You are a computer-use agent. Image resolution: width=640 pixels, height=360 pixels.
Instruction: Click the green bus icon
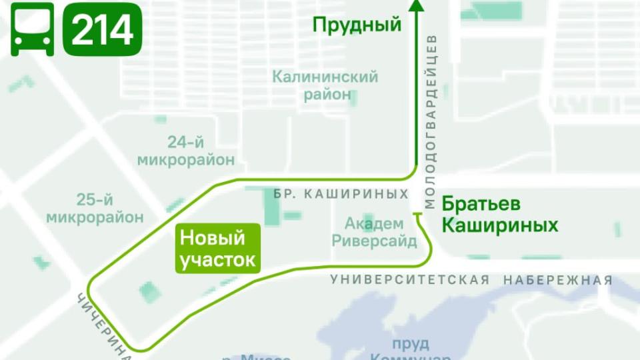click(32, 29)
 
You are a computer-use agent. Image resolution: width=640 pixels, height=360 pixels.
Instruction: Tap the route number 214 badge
click(102, 29)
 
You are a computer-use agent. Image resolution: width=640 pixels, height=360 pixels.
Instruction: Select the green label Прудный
click(357, 25)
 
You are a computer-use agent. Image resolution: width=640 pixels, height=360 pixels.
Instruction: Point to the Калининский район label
click(325, 85)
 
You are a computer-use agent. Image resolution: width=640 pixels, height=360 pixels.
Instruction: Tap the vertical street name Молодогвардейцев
click(430, 120)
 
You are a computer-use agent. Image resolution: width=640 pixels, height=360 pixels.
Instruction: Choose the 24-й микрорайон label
click(186, 151)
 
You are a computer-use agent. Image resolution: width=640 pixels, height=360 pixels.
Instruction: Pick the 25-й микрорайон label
click(95, 208)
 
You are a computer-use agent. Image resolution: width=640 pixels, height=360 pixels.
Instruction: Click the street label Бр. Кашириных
click(341, 193)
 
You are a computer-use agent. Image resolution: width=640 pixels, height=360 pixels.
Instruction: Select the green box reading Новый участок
click(217, 248)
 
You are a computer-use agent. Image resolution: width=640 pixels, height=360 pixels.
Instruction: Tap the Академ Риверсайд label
click(374, 232)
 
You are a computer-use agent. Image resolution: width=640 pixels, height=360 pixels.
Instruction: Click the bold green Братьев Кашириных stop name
click(499, 214)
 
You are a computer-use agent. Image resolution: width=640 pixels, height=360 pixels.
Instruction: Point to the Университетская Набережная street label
click(471, 280)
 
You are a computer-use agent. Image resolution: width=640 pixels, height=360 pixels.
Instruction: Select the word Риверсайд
click(374, 241)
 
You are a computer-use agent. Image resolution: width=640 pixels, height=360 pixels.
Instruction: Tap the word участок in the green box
click(217, 259)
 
